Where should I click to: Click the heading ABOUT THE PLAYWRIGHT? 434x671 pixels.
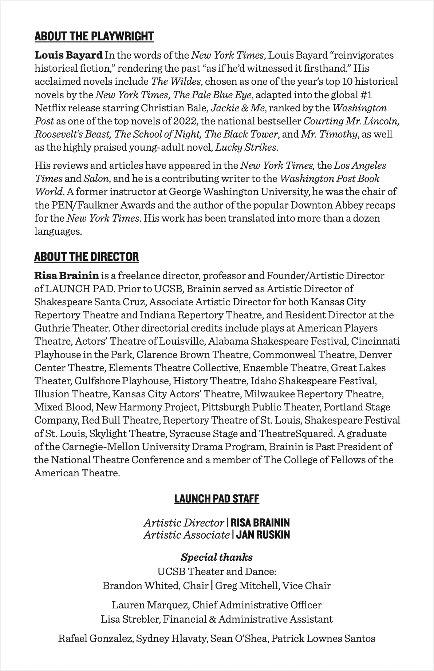point(94,36)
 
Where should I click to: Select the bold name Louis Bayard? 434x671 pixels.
point(68,55)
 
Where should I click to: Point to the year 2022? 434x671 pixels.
point(186,121)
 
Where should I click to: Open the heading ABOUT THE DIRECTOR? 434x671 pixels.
point(87,257)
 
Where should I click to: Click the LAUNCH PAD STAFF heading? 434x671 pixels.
point(217,499)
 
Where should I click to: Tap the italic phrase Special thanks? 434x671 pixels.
point(217,557)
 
